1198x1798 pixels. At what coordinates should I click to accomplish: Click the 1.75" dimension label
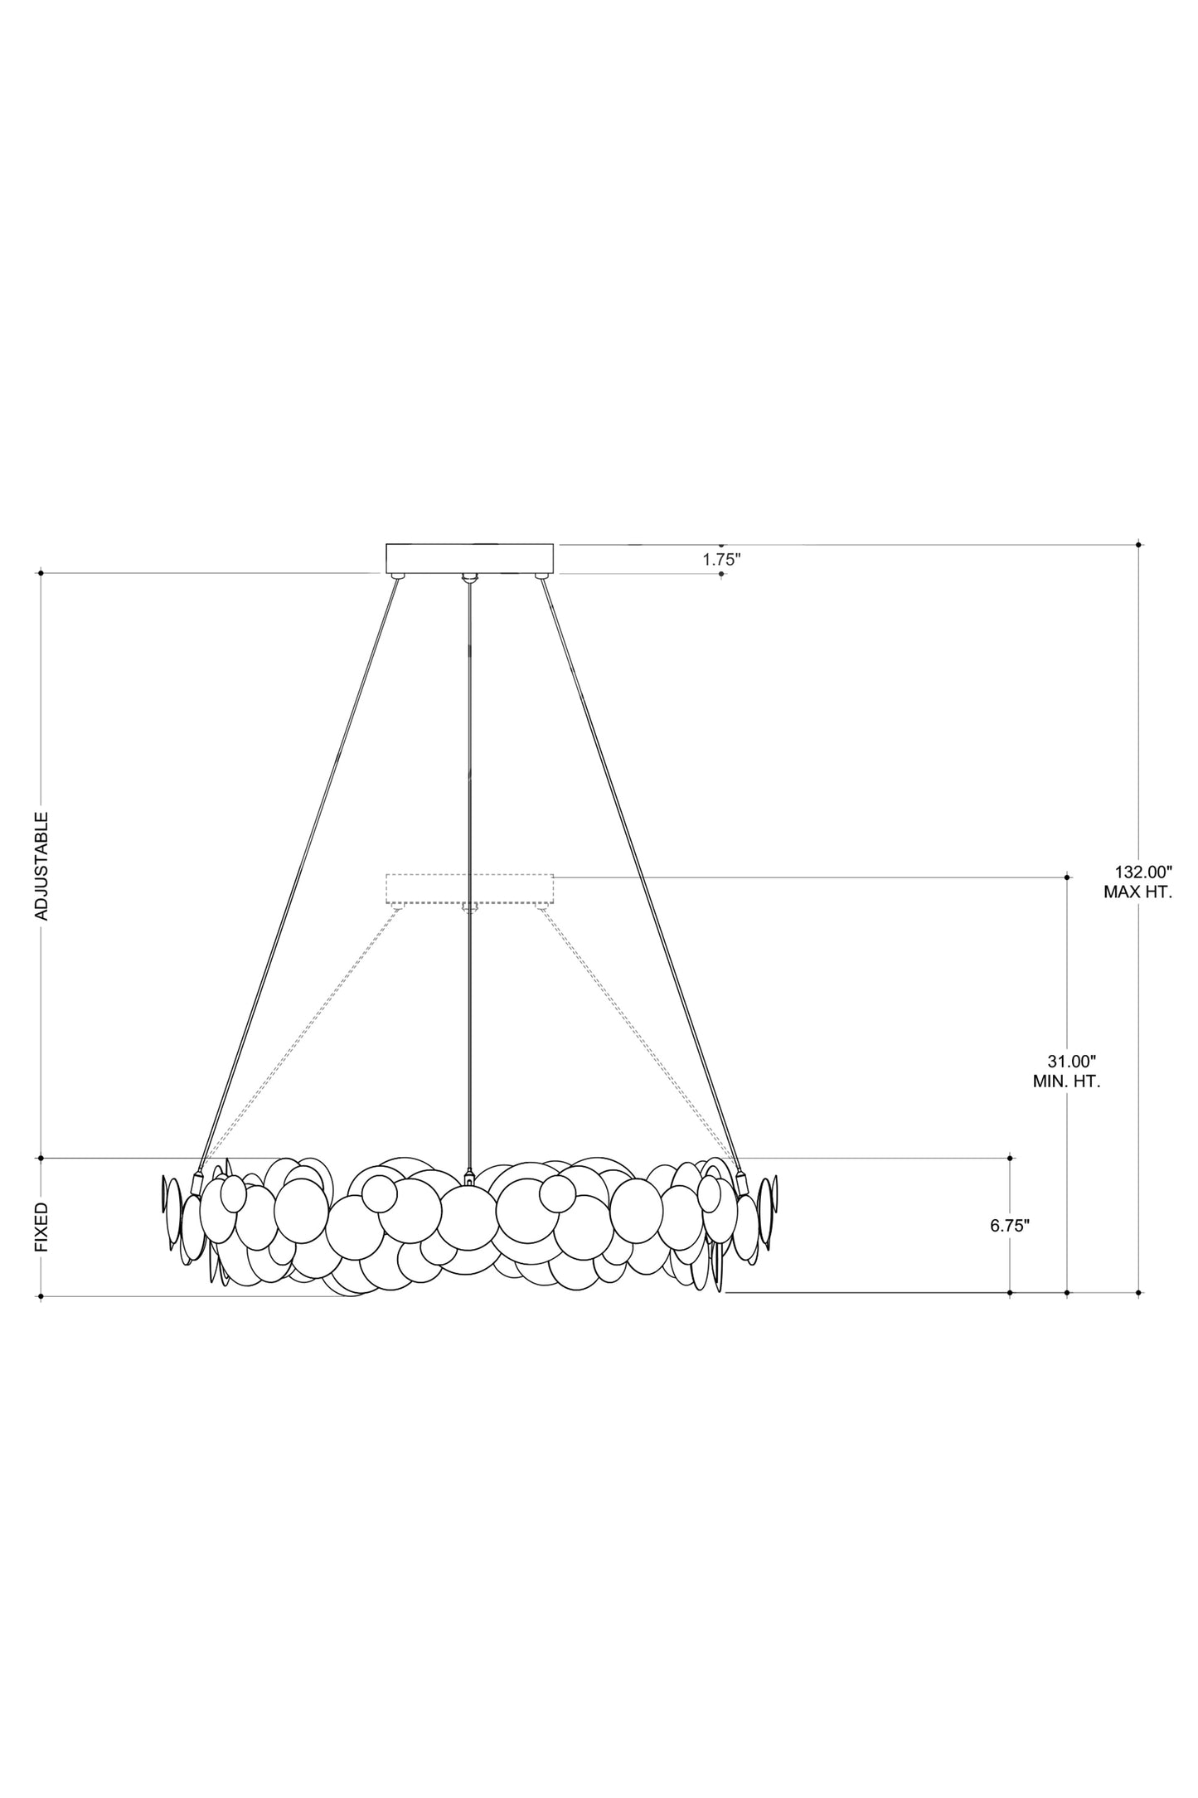[x=721, y=559]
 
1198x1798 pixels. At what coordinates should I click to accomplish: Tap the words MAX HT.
[x=1137, y=893]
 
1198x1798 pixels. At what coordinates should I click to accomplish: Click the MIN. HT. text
[x=1067, y=1081]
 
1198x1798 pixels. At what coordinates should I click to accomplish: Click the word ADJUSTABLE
[x=41, y=865]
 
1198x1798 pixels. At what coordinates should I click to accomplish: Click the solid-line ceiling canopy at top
[x=470, y=558]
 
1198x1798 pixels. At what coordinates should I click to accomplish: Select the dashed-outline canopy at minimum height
[x=470, y=888]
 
